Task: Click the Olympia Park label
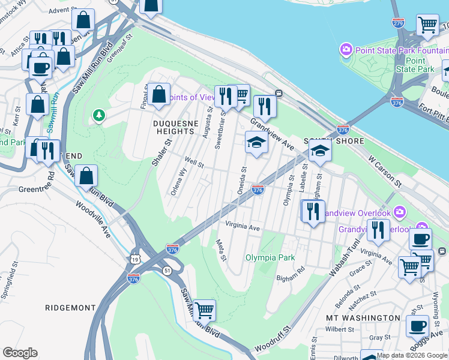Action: tap(270, 257)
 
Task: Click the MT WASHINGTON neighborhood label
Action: tap(363, 317)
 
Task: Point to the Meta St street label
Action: tap(220, 250)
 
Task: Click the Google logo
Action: tap(20, 353)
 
